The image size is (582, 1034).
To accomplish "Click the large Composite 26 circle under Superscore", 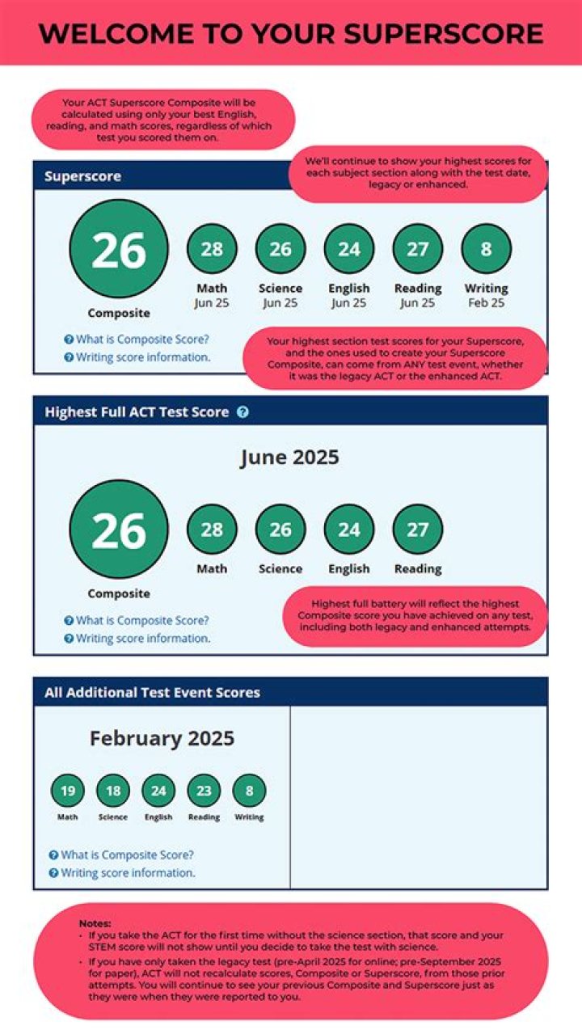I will click(x=119, y=250).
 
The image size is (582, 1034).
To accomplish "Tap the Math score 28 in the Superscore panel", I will click(x=212, y=249).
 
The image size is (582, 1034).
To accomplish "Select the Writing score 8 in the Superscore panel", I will click(x=486, y=249).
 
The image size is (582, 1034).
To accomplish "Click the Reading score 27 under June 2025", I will click(x=417, y=530).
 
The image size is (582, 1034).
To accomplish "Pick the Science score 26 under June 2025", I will click(x=280, y=530).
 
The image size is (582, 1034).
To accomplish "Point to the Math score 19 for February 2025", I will click(x=68, y=791).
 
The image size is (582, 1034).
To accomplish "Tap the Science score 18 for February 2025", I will click(x=113, y=791).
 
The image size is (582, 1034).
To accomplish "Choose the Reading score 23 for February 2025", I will click(x=204, y=791).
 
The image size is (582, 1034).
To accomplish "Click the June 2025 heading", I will click(x=289, y=458).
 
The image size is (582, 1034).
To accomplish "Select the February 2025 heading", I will click(x=162, y=738).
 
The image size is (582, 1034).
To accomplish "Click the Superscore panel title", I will click(x=82, y=176).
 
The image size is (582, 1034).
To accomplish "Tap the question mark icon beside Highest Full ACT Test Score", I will click(x=242, y=412).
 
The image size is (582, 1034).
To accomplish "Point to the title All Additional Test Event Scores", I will click(x=153, y=693).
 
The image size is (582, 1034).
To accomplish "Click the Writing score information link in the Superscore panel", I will click(x=142, y=357).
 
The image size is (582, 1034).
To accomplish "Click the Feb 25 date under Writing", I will click(x=486, y=303).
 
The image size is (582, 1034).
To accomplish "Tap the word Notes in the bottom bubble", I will click(x=95, y=923).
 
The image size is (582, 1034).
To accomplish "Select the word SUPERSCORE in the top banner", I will click(x=443, y=34).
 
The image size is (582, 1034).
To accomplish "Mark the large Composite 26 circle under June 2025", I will click(x=119, y=530).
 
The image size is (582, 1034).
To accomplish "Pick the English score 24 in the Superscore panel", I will click(x=349, y=249).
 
